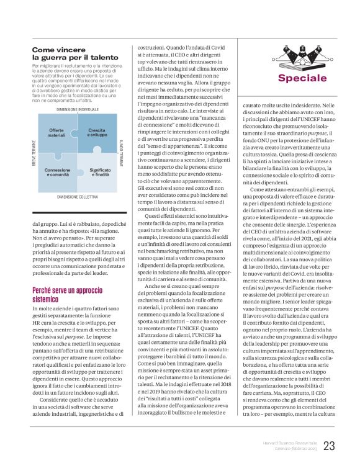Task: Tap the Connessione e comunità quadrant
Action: [58, 171]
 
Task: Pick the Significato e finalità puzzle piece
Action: [96, 171]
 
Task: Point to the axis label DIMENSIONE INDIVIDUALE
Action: [77, 109]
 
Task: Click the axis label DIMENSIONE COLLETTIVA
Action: [78, 196]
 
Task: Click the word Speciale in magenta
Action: [302, 78]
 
